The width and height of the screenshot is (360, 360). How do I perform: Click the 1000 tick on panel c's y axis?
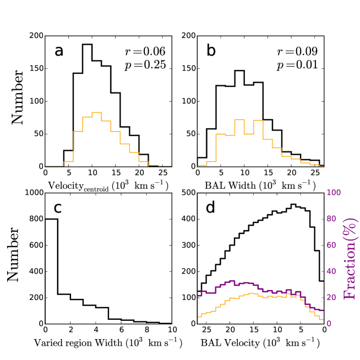click(x=32, y=193)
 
